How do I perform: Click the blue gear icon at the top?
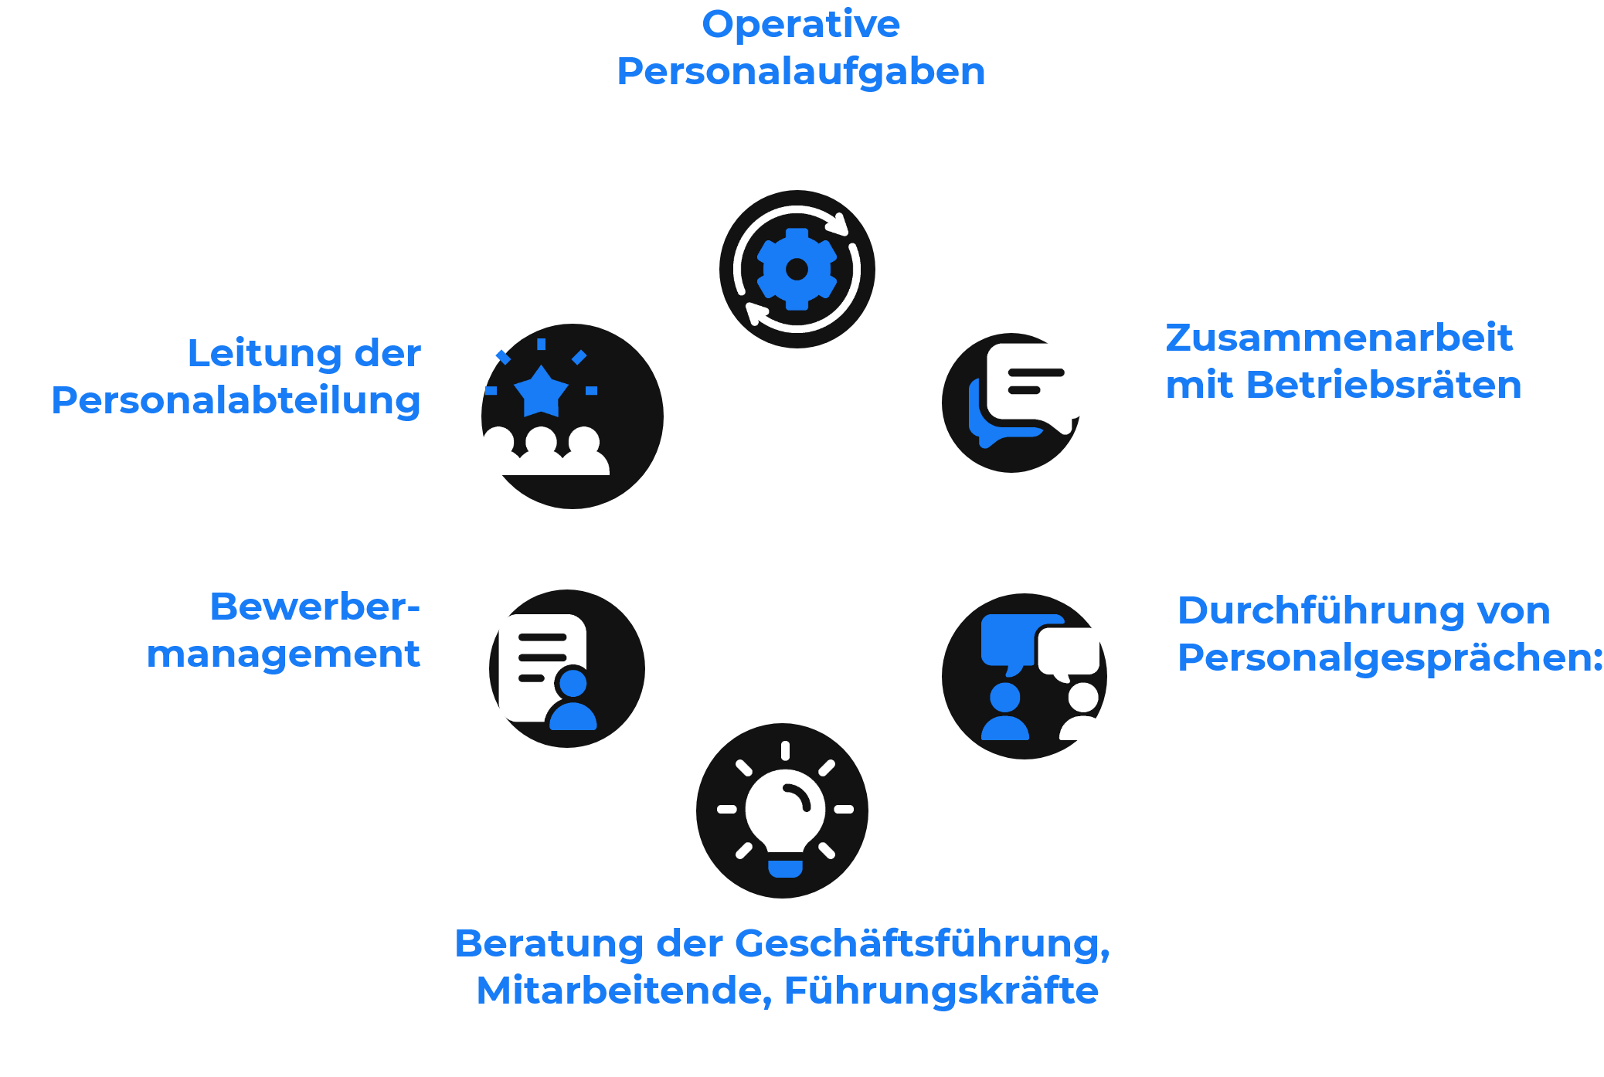(x=797, y=270)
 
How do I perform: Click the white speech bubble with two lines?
(x=1036, y=382)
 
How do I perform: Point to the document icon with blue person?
(x=548, y=671)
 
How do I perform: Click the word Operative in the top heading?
(x=800, y=25)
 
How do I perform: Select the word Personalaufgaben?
(x=800, y=72)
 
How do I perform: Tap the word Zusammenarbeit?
(x=1338, y=338)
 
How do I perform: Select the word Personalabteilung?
(x=236, y=401)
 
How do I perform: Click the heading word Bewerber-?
(x=314, y=607)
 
